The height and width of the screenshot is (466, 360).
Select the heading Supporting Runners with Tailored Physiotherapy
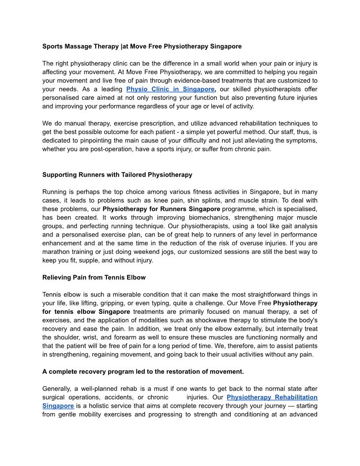click(x=117, y=175)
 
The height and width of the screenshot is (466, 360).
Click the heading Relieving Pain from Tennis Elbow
click(x=94, y=278)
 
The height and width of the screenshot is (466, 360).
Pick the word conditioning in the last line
click(x=263, y=415)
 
